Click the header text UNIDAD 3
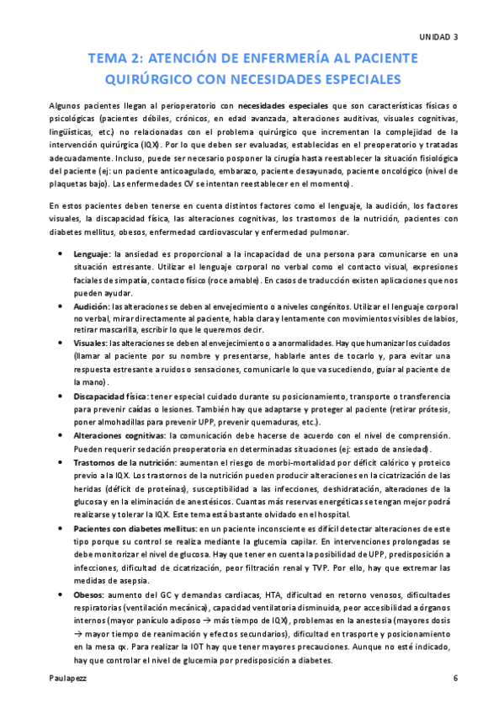(x=439, y=37)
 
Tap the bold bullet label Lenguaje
(x=91, y=253)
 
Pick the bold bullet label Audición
(x=92, y=307)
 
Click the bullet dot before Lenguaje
(x=57, y=253)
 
